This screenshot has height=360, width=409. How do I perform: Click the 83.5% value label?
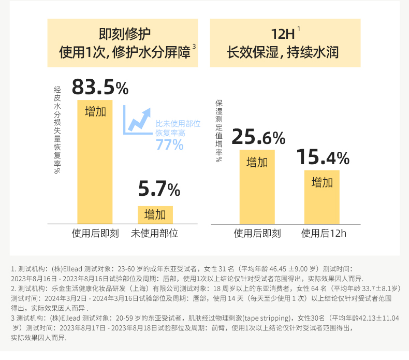click(100, 87)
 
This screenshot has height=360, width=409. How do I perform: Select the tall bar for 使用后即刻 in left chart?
click(95, 166)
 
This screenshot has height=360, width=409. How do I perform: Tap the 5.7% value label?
click(159, 190)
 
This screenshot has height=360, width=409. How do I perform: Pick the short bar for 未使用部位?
click(155, 214)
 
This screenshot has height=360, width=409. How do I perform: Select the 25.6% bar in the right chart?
click(257, 186)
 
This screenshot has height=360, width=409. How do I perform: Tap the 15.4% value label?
click(322, 157)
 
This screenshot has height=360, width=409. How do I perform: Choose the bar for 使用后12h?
click(322, 197)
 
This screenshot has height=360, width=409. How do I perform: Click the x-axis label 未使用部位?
click(155, 233)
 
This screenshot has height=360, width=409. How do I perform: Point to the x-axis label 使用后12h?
click(324, 233)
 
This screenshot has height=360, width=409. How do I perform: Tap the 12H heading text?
click(283, 35)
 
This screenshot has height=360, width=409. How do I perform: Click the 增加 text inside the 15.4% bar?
click(322, 182)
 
